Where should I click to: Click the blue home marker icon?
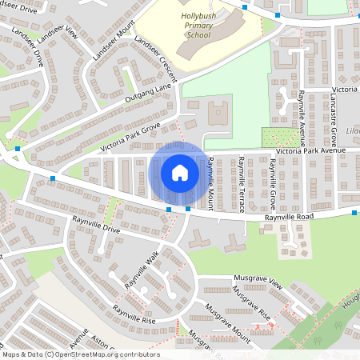[180, 172]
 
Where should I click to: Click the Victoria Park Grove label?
[130, 137]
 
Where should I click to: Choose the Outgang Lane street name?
[147, 97]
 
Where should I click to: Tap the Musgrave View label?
[259, 283]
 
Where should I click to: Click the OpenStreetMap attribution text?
[80, 354]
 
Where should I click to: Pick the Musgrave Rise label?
[251, 304]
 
